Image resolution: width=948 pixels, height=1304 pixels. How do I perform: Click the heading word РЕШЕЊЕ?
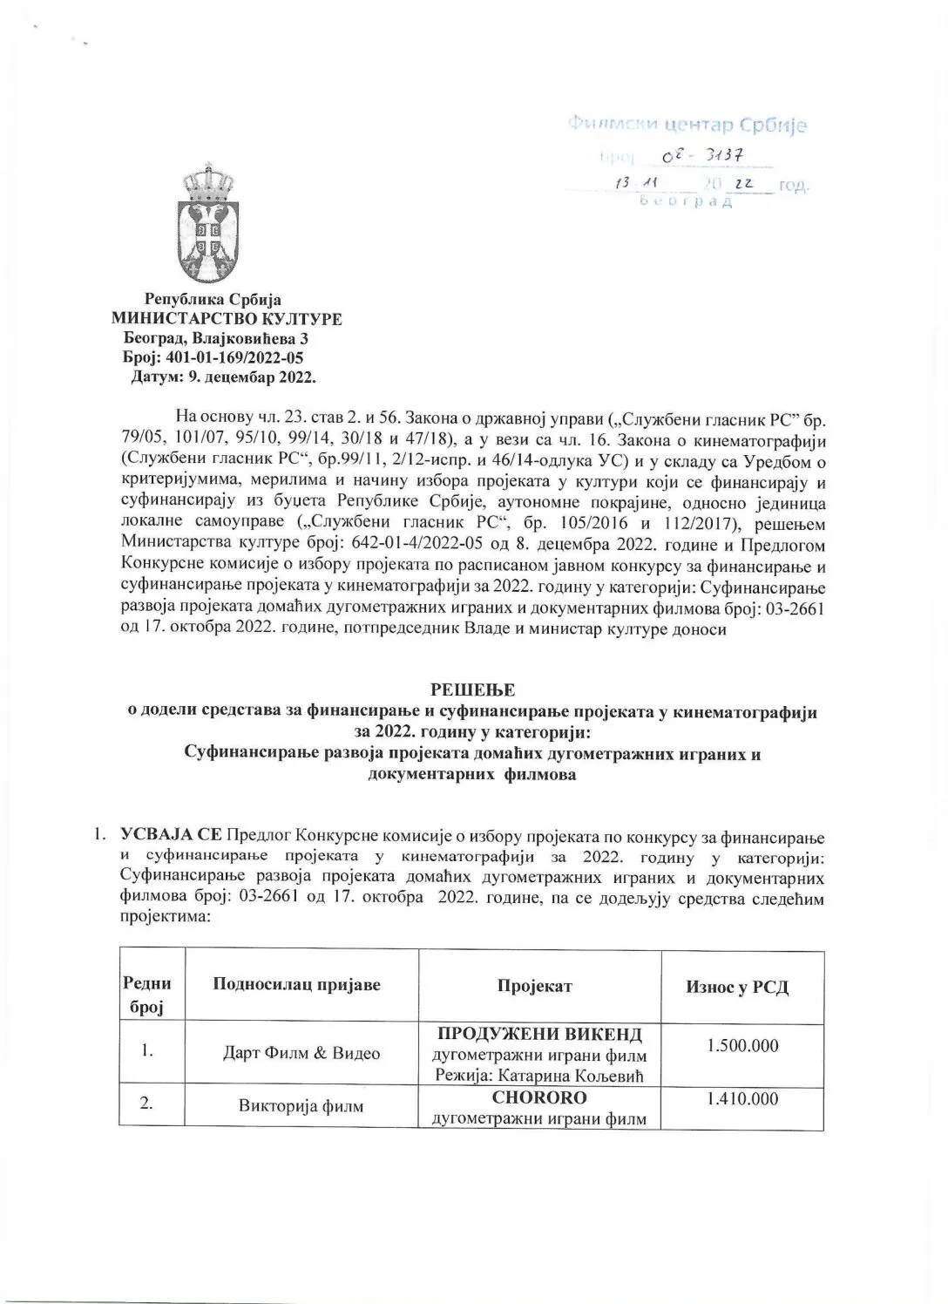tap(473, 690)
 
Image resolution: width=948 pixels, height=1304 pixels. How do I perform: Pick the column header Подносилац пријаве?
tap(296, 985)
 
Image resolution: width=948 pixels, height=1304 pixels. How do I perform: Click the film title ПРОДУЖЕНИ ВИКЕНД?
tap(539, 1035)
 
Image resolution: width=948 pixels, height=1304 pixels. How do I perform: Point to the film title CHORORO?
tap(539, 1097)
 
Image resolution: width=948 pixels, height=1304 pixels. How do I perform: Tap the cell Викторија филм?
tap(301, 1107)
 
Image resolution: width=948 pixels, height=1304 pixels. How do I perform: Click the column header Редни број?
tap(147, 995)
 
